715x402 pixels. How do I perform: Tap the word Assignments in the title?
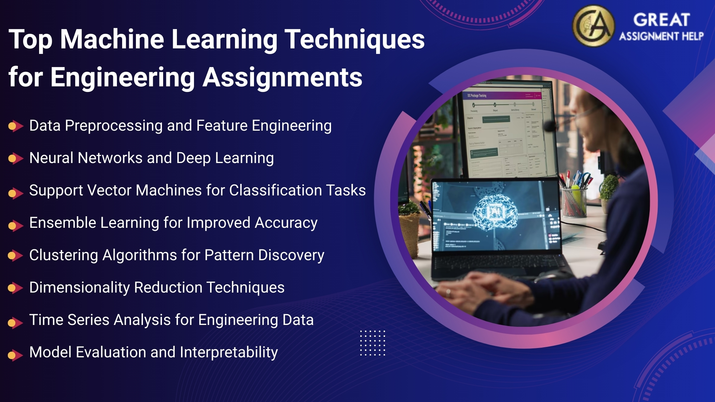tap(282, 77)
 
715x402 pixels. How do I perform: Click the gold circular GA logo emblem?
tap(593, 26)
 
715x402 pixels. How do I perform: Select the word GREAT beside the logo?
tap(661, 20)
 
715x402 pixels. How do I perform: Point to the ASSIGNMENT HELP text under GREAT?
tap(661, 36)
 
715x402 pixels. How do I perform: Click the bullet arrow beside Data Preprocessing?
tap(15, 126)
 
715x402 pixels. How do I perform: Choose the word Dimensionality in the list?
tap(79, 288)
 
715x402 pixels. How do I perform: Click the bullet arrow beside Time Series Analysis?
tap(15, 322)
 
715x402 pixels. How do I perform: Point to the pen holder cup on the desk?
tap(574, 201)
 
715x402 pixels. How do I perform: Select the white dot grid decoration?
tap(372, 343)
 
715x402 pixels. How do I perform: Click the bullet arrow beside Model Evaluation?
tap(15, 355)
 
